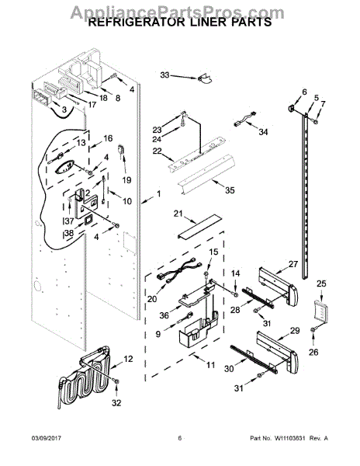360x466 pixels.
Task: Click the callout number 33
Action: pyautogui.click(x=164, y=75)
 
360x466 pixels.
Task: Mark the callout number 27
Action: pyautogui.click(x=293, y=264)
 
